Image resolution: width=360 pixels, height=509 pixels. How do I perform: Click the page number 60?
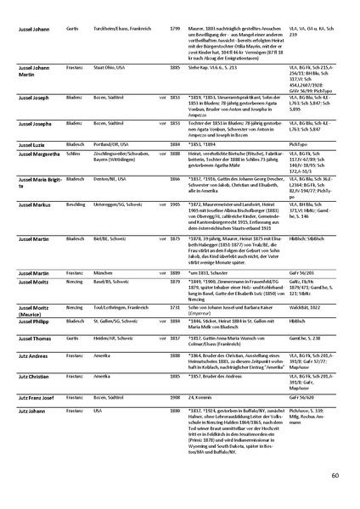pyautogui.click(x=335, y=475)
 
